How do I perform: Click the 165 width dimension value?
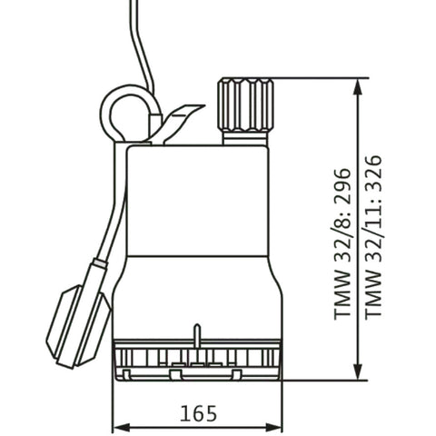click(199, 413)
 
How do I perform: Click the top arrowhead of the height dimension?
click(359, 88)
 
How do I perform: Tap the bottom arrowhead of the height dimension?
click(359, 370)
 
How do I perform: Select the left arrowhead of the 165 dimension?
click(122, 428)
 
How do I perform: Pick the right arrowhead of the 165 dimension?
click(272, 428)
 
